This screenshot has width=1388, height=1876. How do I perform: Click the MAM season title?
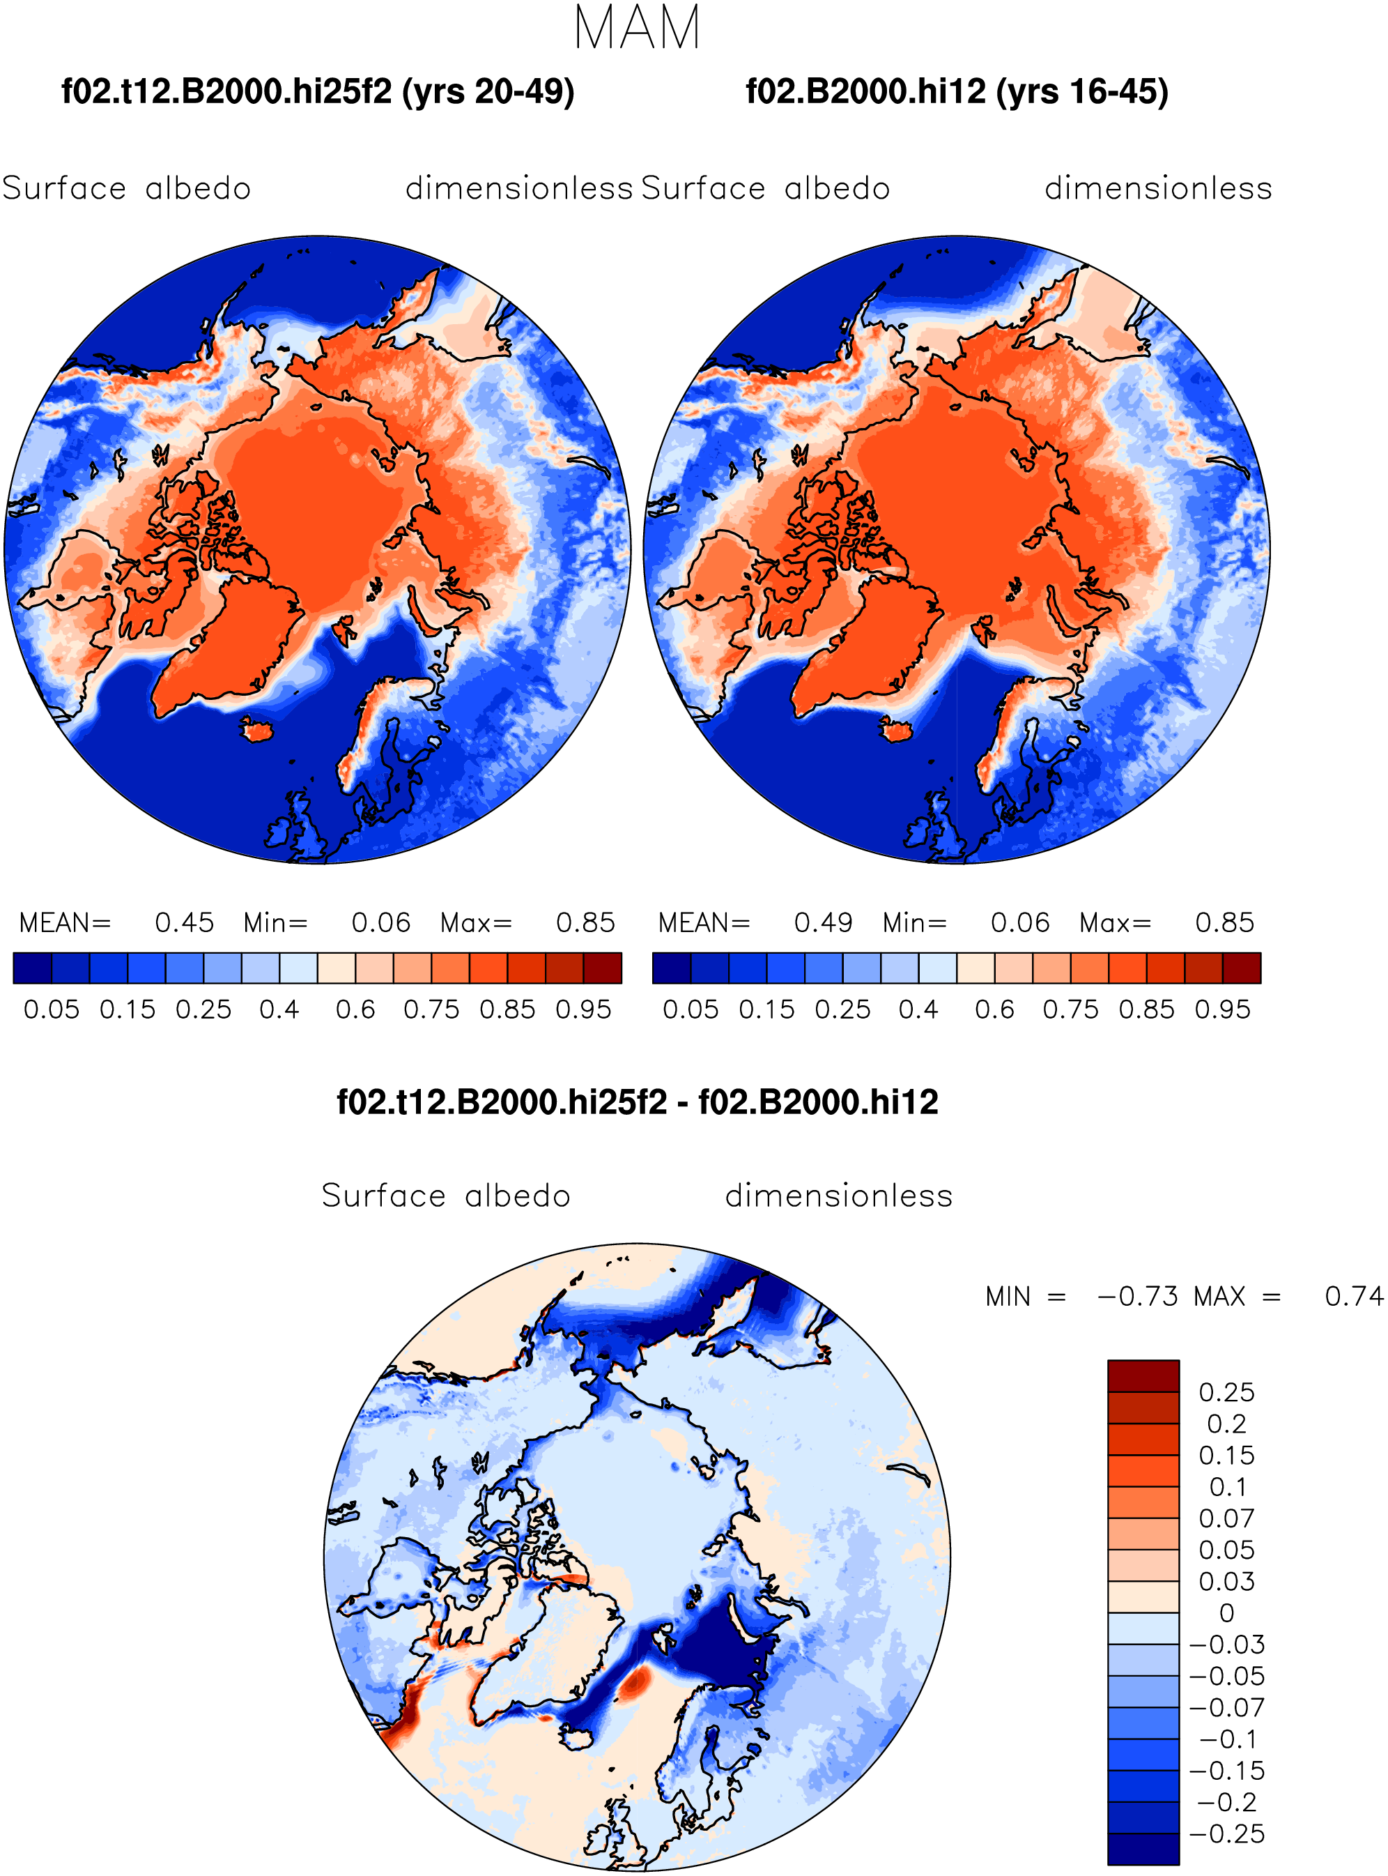[637, 28]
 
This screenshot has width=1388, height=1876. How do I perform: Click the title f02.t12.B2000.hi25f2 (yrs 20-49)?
[318, 91]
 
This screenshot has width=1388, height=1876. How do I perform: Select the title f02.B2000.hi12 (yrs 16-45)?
[957, 91]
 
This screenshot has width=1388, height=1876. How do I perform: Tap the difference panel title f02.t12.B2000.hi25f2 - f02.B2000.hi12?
[637, 1102]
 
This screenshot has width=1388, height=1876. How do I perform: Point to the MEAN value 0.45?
[184, 923]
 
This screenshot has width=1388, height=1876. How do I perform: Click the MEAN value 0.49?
[824, 923]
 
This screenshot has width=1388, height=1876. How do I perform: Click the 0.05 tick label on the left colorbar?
[52, 1009]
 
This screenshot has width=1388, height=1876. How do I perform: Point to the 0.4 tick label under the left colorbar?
[279, 1009]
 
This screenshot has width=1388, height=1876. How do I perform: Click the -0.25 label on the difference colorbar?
[1226, 1834]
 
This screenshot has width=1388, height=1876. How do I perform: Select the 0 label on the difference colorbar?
[1226, 1613]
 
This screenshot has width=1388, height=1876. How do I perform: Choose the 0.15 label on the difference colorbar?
[1226, 1456]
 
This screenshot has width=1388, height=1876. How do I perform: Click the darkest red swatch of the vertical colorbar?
[1143, 1376]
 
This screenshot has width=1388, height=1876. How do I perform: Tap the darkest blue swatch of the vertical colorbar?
[1143, 1849]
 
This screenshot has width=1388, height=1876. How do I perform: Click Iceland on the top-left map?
[258, 729]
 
